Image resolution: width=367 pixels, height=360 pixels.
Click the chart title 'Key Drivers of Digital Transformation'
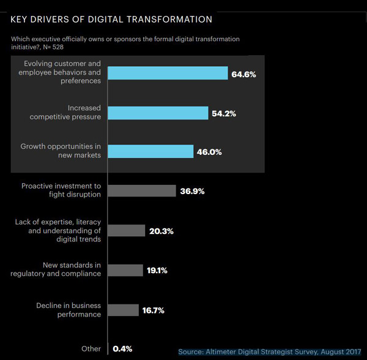pos(111,20)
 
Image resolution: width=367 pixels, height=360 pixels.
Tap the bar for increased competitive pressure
pos(158,113)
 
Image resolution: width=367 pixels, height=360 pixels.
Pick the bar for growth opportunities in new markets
pos(150,152)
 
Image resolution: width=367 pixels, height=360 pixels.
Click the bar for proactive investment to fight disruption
pos(141,190)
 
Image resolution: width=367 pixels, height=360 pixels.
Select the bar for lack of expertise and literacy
pos(127,231)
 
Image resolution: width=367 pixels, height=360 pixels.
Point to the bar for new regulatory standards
pos(125,269)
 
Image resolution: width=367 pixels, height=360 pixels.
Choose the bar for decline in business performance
pos(123,310)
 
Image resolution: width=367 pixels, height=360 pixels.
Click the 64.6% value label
pos(243,74)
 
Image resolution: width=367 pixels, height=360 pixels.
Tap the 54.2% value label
pos(224,114)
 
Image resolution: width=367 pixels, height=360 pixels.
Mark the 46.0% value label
pos(209,152)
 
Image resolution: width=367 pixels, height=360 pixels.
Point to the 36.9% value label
pos(192,191)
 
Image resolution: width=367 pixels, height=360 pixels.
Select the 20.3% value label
pos(161,231)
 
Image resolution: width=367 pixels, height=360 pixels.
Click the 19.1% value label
pos(158,270)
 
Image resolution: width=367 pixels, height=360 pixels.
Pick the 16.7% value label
pos(154,311)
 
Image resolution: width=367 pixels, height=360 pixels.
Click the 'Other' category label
pos(91,349)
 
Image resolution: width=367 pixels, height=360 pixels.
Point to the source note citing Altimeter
pos(270,351)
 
